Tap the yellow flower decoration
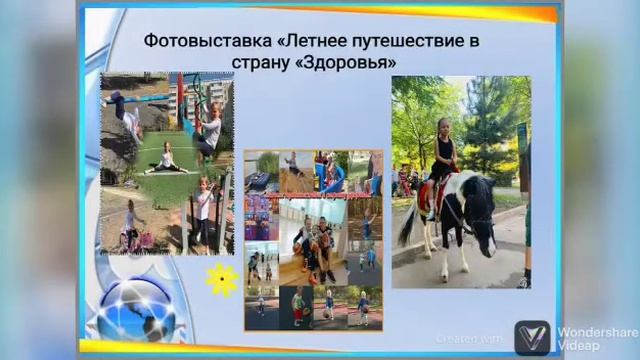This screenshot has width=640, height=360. (221, 279)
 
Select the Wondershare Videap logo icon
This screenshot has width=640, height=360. (531, 337)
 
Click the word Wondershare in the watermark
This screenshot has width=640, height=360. (597, 332)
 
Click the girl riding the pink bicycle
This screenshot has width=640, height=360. (129, 226)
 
